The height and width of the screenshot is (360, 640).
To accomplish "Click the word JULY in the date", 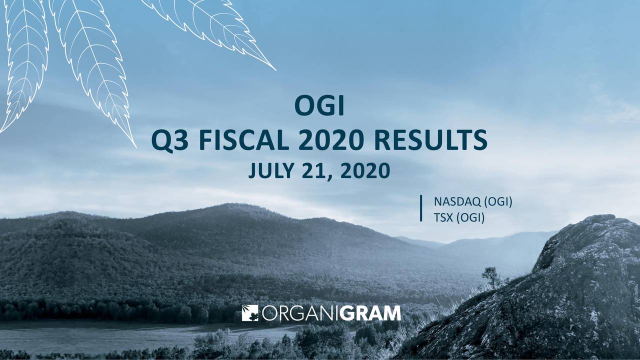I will [x=270, y=171].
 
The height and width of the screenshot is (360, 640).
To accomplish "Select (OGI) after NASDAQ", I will [x=498, y=202].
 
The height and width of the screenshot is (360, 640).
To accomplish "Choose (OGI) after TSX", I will [x=470, y=218].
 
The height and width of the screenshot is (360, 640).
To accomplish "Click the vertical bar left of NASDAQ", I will [x=422, y=208].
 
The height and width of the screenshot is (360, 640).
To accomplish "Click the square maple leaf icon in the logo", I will [x=249, y=313].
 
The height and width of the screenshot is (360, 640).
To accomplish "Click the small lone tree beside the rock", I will [x=491, y=276].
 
